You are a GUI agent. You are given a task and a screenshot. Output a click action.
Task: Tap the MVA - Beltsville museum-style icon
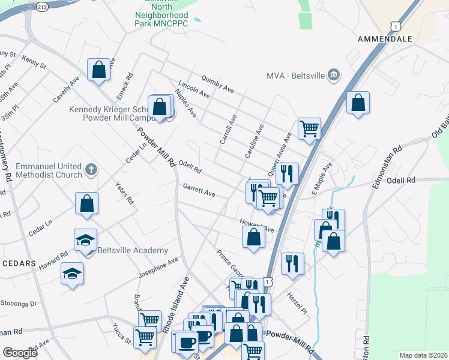[334, 76]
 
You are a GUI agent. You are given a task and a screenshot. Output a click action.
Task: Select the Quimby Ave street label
[218, 83]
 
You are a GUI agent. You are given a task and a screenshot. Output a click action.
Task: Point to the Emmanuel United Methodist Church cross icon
[91, 169]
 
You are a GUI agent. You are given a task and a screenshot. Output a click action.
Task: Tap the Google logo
[20, 353]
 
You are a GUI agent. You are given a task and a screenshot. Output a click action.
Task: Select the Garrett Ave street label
[199, 190]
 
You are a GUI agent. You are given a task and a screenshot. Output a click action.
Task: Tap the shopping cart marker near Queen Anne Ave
[309, 128]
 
